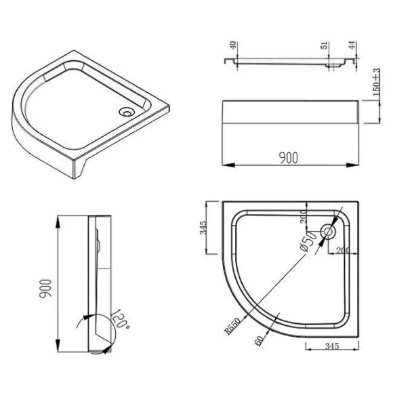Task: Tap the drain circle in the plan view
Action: (x=329, y=232)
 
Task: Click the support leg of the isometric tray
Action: (x=84, y=173)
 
